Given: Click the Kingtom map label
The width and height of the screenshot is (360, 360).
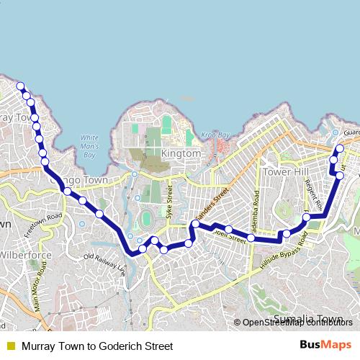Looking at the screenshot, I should coord(181,154).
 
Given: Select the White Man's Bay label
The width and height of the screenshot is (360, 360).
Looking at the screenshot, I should coord(89,146).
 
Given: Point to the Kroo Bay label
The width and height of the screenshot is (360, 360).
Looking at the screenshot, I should coord(215,135).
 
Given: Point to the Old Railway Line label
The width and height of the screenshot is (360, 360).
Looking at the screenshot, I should coord(105,265).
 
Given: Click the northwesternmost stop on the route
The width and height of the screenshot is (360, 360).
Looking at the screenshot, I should coord(20,86).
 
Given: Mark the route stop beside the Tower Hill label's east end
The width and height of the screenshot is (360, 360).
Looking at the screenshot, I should coord(334,160).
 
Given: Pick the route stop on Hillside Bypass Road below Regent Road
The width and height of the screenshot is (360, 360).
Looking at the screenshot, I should coord(306,217).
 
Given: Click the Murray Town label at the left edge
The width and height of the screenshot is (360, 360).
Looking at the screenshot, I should coord(16,117).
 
